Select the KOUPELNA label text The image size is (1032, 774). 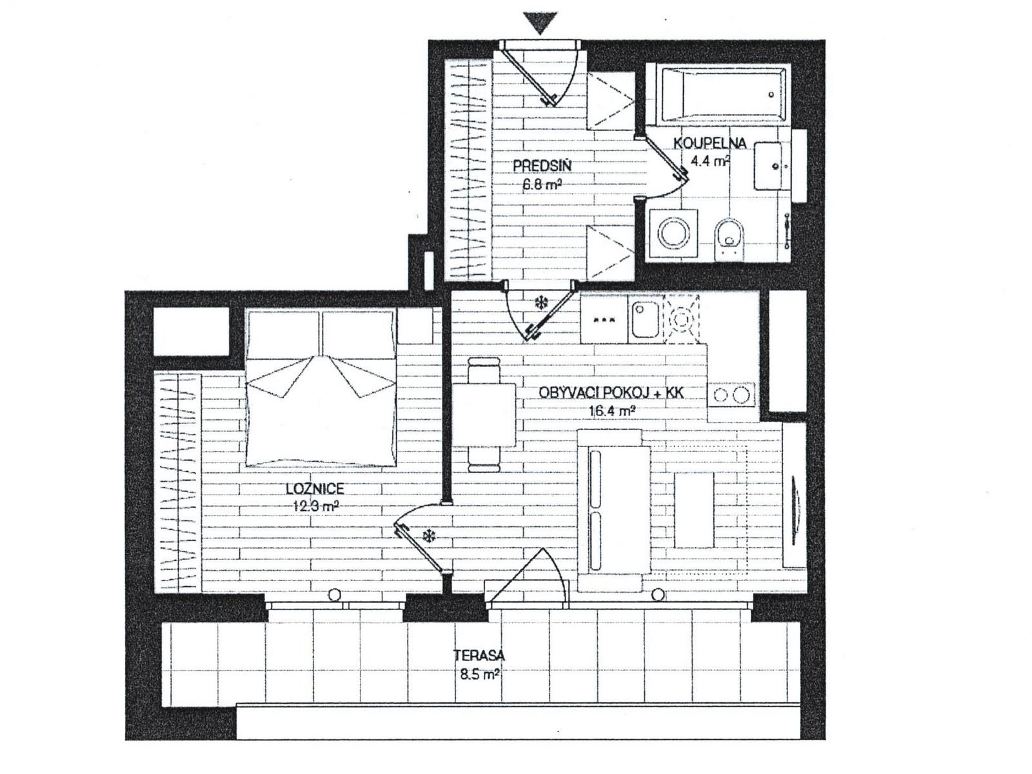(x=710, y=143)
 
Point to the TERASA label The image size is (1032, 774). (x=479, y=656)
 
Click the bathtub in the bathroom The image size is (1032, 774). (x=722, y=94)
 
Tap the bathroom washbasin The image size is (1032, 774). (x=769, y=166)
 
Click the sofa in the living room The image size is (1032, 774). (x=613, y=510)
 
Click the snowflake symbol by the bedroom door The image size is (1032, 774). (x=428, y=535)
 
